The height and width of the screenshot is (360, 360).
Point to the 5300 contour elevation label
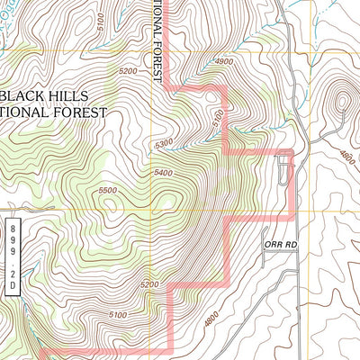pyautogui.click(x=164, y=142)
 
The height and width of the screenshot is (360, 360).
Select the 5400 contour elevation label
pyautogui.click(x=163, y=173)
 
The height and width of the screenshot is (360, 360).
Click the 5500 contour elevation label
pyautogui.click(x=108, y=191)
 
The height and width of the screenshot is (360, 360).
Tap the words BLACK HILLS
pyautogui.click(x=56, y=94)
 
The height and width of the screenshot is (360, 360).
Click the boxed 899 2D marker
pyautogui.click(x=13, y=255)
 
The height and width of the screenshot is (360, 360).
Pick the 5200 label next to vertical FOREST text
pyautogui.click(x=127, y=70)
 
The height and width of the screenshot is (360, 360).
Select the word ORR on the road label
pyautogui.click(x=273, y=243)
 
